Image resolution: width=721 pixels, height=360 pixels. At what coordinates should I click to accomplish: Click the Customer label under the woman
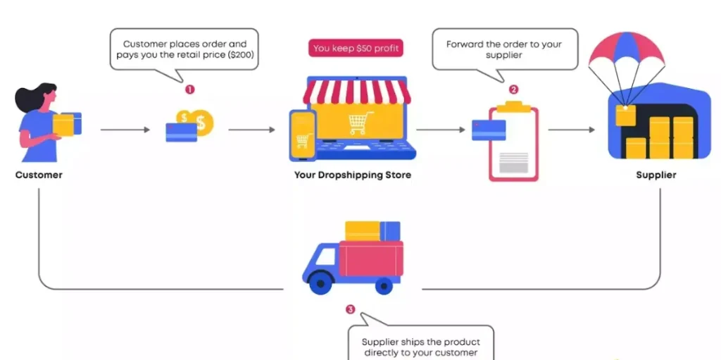39,175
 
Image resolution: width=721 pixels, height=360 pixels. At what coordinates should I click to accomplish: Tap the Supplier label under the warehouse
656,175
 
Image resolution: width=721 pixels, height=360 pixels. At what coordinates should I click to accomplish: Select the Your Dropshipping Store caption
353,175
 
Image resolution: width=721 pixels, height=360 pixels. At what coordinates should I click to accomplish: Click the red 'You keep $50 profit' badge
356,48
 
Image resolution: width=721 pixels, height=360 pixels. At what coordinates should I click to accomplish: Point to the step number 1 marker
189,89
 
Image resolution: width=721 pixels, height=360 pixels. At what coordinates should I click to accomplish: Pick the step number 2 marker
513,89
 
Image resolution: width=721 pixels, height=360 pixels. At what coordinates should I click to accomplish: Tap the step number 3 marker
351,309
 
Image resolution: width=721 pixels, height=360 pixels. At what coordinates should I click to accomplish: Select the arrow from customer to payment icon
125,130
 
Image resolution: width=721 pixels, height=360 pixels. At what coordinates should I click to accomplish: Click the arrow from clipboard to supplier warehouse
572,130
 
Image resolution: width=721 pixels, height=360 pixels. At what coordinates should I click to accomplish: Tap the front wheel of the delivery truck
320,283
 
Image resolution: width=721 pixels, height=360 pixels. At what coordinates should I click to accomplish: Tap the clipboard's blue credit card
489,130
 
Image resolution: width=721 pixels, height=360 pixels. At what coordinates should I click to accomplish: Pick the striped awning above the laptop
357,91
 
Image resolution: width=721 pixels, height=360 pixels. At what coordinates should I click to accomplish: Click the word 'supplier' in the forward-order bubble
504,55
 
